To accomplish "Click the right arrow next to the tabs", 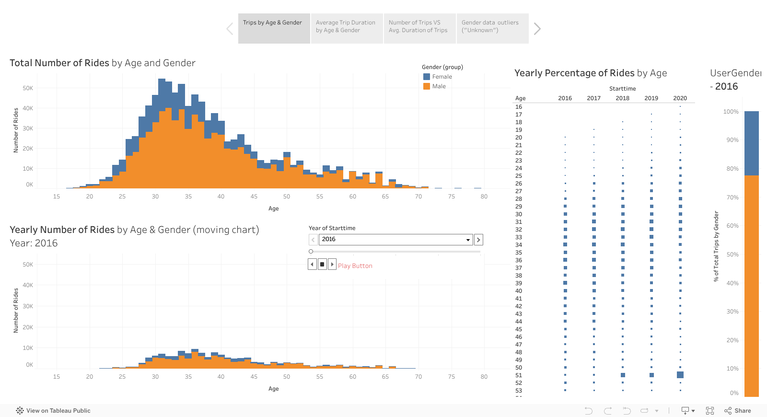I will pos(537,29).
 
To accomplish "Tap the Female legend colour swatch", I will pos(427,77).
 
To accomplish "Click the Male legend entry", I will pos(439,86).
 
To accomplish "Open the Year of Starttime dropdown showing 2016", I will pos(395,239).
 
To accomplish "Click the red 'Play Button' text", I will pos(355,266).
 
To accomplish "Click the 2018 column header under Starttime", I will pos(622,98).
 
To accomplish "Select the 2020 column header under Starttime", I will pos(680,98).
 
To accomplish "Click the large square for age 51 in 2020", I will pos(680,375).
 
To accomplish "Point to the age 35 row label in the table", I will pos(519,253).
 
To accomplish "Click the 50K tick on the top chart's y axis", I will pos(28,88).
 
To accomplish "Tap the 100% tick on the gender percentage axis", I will pos(731,112).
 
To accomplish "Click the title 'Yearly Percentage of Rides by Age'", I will pos(591,73).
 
